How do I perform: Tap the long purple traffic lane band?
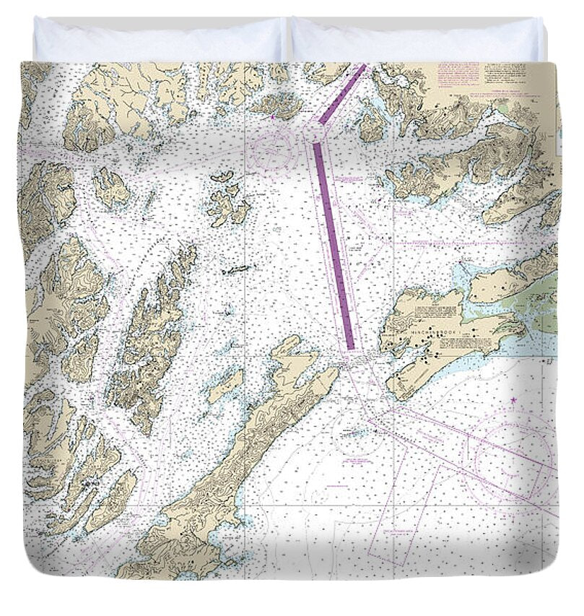tap(334, 245)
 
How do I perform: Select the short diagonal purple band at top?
tap(343, 94)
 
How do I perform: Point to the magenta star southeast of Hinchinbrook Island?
tap(513, 399)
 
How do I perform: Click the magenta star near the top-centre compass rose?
tap(273, 116)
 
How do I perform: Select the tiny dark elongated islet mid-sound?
tap(237, 269)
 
